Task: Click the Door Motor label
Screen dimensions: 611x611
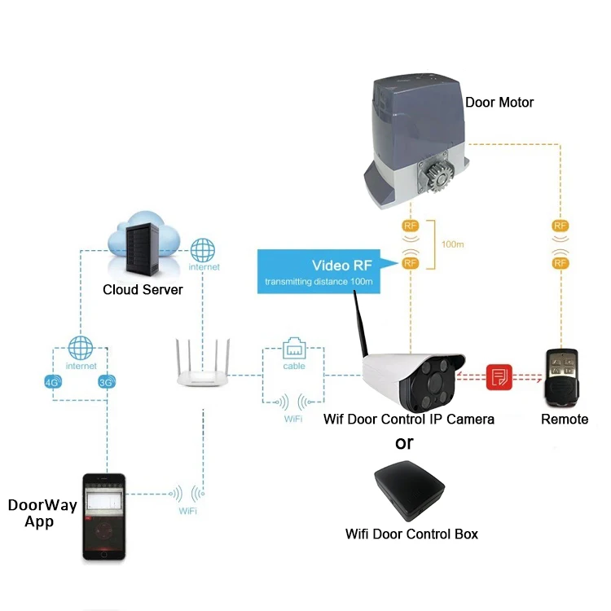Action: coord(499,103)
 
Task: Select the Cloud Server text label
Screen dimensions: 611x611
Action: coord(143,290)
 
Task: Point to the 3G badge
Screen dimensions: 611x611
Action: coord(106,381)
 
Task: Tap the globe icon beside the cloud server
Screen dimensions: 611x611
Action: coord(204,249)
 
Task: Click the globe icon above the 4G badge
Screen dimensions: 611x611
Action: coord(81,348)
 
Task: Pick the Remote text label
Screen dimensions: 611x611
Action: coord(565,419)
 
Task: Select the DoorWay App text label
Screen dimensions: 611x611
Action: coord(42,513)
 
